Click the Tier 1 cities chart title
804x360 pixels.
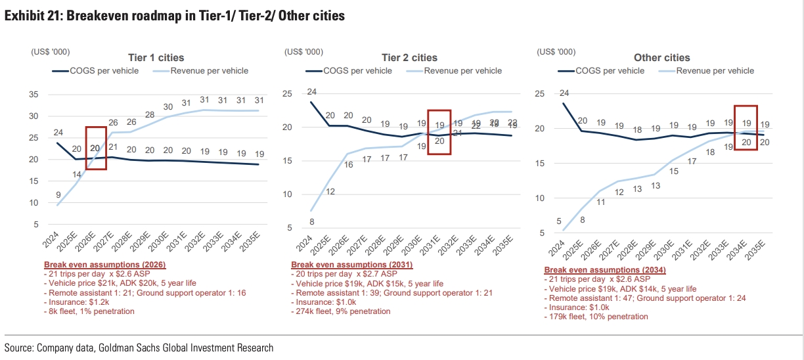pyautogui.click(x=156, y=58)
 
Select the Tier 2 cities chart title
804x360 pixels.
pyautogui.click(x=409, y=58)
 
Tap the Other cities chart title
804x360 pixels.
pyautogui.click(x=661, y=58)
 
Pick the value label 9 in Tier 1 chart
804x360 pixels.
pyautogui.click(x=60, y=194)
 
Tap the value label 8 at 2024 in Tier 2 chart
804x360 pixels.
pyautogui.click(x=311, y=221)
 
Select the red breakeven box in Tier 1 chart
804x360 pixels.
pyautogui.click(x=96, y=148)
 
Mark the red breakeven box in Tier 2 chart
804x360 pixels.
pyautogui.click(x=439, y=132)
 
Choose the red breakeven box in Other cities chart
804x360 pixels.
pyautogui.click(x=746, y=127)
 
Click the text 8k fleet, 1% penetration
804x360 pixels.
pyautogui.click(x=89, y=311)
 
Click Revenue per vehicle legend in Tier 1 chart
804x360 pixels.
pyautogui.click(x=209, y=71)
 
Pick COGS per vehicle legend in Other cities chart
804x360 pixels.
pyautogui.click(x=610, y=71)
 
